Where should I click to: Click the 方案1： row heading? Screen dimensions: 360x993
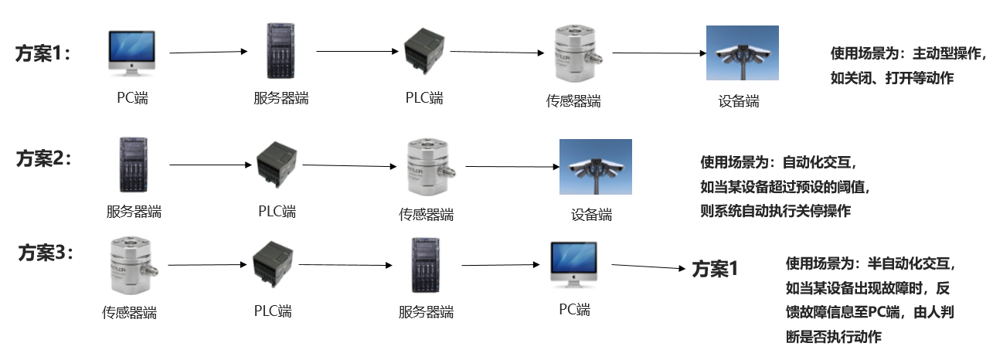click(x=43, y=53)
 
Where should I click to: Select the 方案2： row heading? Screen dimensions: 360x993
click(x=43, y=158)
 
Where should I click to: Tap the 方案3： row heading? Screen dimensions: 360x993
click(x=46, y=253)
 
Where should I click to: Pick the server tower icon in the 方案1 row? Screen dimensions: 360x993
click(x=280, y=51)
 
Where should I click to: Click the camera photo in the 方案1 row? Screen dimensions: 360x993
click(x=742, y=53)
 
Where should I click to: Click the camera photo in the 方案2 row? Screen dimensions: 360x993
click(x=595, y=165)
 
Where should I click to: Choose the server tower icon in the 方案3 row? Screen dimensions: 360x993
click(x=426, y=263)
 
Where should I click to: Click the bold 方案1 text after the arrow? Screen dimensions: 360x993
click(x=715, y=269)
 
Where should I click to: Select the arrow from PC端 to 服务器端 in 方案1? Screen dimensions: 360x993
click(x=208, y=53)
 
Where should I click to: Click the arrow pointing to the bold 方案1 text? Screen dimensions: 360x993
click(x=648, y=267)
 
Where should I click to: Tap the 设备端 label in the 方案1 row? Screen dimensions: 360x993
click(x=739, y=101)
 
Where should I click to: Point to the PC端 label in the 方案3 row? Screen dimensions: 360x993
click(x=574, y=310)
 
